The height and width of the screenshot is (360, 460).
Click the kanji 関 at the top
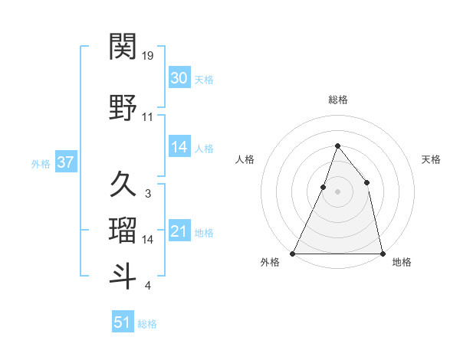(123, 47)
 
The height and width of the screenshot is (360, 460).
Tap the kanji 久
(123, 185)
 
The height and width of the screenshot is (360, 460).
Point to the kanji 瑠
(123, 230)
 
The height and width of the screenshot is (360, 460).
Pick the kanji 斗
(123, 276)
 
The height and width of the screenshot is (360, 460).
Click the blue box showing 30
(179, 78)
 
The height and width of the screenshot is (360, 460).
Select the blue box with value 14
(179, 147)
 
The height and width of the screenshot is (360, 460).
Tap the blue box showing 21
(179, 231)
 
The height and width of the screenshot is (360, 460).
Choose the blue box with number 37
(65, 162)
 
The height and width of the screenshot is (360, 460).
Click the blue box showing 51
(123, 322)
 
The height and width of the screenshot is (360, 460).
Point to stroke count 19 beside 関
(148, 56)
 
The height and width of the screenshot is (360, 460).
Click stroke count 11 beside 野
(148, 117)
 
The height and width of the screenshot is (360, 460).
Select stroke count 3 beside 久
(147, 194)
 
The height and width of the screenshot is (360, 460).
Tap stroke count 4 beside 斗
(147, 286)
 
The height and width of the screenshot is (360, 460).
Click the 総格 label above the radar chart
(337, 100)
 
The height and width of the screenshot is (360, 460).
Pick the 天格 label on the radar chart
(431, 159)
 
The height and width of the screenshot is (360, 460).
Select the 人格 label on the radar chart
(245, 159)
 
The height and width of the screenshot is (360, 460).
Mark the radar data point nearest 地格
(382, 253)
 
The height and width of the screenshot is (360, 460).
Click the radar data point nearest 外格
(293, 253)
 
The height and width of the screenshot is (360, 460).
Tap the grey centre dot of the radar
(337, 191)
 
